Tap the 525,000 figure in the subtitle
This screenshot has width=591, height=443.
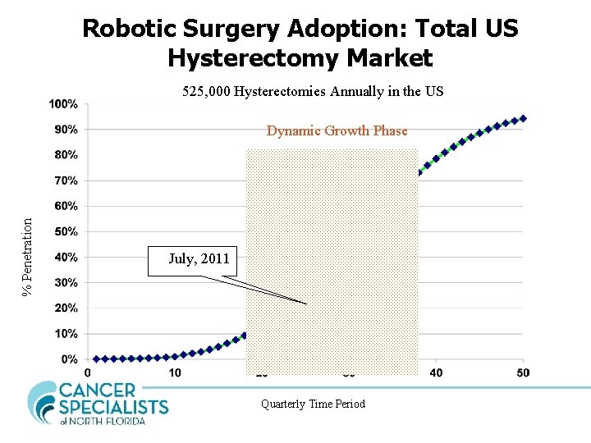pyautogui.click(x=207, y=91)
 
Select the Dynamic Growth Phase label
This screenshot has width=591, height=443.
pyautogui.click(x=337, y=131)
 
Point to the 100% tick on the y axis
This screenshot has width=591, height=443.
pyautogui.click(x=63, y=104)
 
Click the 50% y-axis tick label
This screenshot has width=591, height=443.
pyautogui.click(x=66, y=232)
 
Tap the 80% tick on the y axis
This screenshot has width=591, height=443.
pyautogui.click(x=66, y=155)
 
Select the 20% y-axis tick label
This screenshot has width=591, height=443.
pyautogui.click(x=66, y=308)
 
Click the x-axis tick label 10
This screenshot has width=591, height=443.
pyautogui.click(x=175, y=373)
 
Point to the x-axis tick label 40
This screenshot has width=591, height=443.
pyautogui.click(x=437, y=373)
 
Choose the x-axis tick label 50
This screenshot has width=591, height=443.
pyautogui.click(x=523, y=373)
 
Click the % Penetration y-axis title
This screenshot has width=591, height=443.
pyautogui.click(x=27, y=255)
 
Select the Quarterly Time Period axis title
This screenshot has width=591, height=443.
pyautogui.click(x=313, y=404)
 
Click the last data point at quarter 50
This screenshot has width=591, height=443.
pyautogui.click(x=523, y=118)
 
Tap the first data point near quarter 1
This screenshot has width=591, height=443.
pyautogui.click(x=96, y=359)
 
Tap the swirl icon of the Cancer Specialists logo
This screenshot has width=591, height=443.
pyautogui.click(x=43, y=402)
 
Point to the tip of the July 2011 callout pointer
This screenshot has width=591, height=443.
pyautogui.click(x=307, y=304)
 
